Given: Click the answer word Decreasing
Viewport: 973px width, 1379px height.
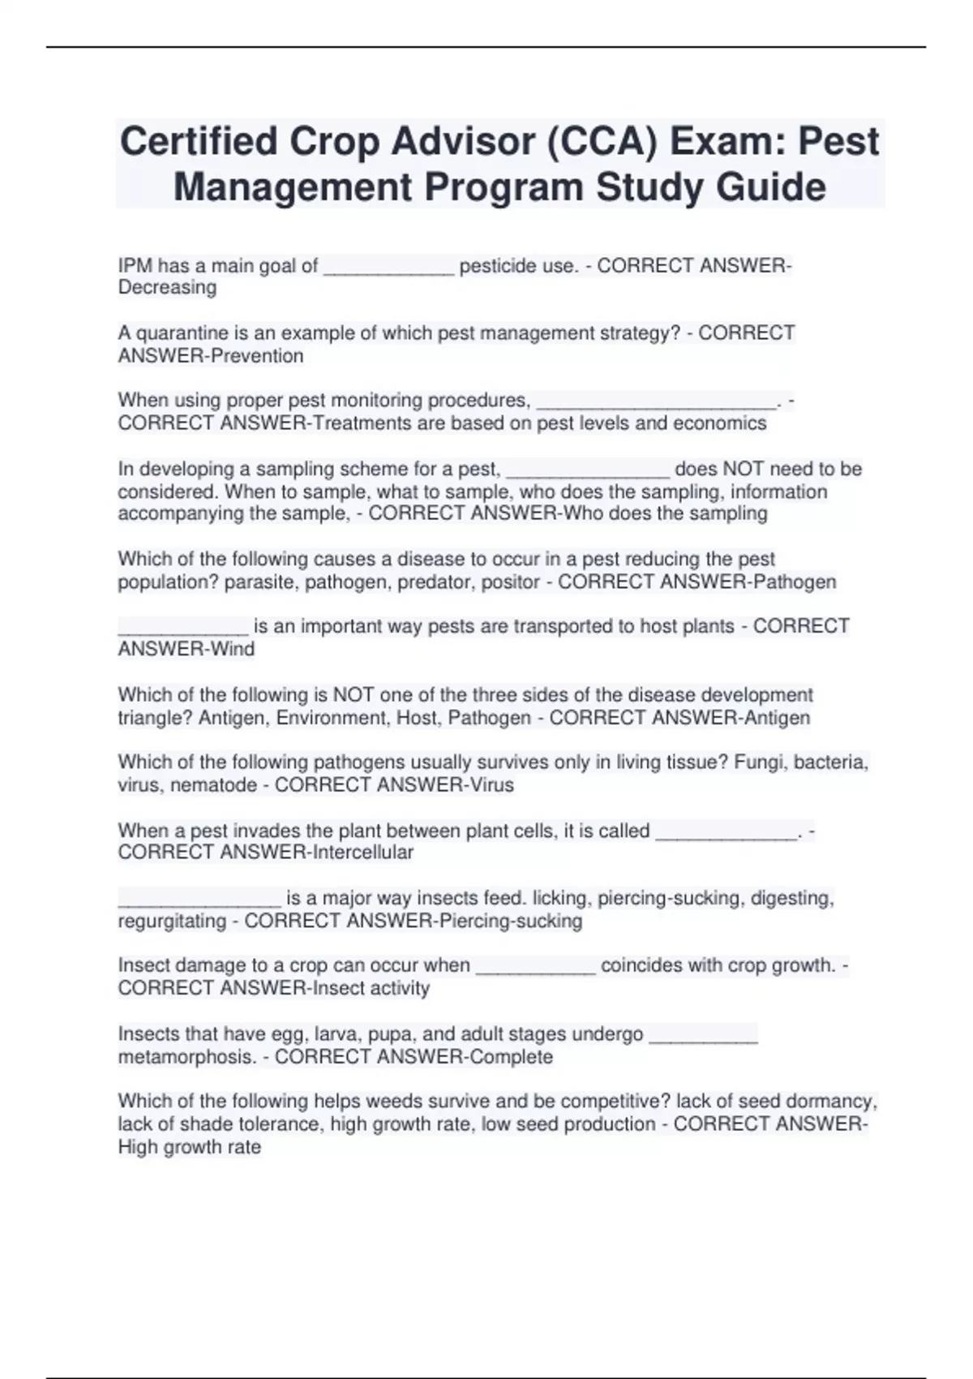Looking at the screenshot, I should [x=167, y=288].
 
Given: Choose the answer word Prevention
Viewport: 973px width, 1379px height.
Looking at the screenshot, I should [x=257, y=356].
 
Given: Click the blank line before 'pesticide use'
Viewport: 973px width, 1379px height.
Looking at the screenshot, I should [x=388, y=268].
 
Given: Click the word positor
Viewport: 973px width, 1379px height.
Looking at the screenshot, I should [x=510, y=582].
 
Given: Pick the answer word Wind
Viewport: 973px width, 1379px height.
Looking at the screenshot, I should [x=233, y=649].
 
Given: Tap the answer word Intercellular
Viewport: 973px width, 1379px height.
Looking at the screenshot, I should [x=362, y=853].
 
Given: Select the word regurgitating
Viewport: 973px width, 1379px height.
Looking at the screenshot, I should [x=172, y=921].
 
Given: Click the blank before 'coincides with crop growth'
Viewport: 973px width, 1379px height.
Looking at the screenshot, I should [x=535, y=967].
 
